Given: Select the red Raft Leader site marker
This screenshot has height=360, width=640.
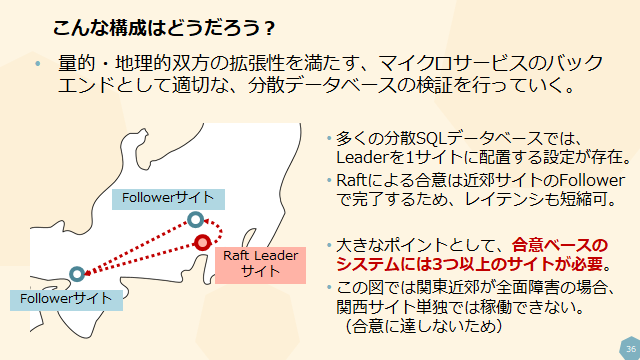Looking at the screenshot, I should pyautogui.click(x=202, y=241).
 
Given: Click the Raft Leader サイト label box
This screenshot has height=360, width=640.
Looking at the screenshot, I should pyautogui.click(x=260, y=263).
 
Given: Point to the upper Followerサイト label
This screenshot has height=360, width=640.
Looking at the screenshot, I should pyautogui.click(x=168, y=198).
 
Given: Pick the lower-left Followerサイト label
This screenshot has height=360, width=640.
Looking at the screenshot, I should pyautogui.click(x=63, y=298).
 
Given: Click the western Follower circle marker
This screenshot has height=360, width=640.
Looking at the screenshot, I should pyautogui.click(x=77, y=273).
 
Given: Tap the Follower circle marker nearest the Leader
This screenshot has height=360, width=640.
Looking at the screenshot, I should pyautogui.click(x=195, y=219).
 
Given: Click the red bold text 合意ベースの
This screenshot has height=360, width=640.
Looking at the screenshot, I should pyautogui.click(x=560, y=245).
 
